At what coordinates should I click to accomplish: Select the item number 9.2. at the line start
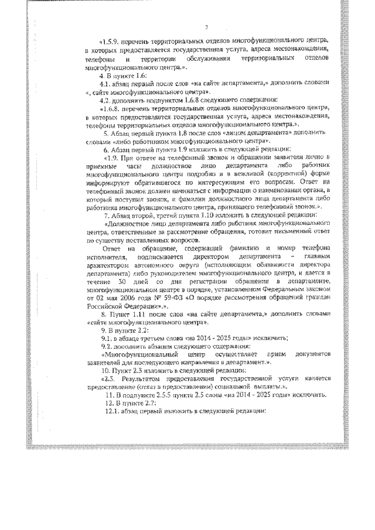107,346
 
